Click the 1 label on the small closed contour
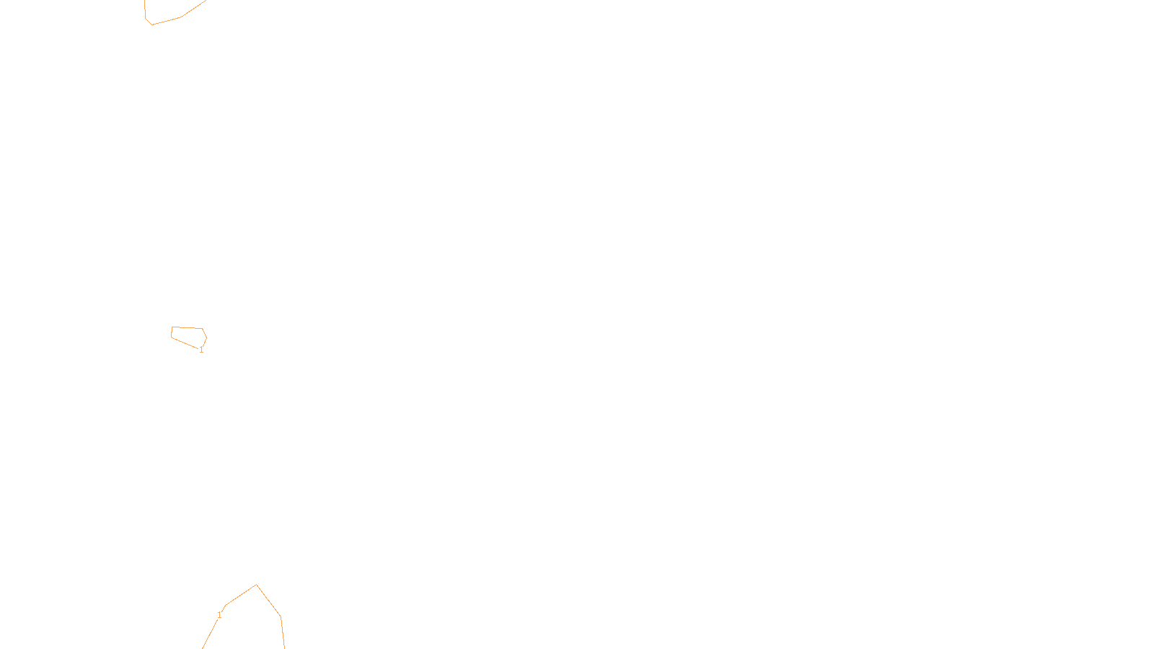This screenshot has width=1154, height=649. click(x=201, y=350)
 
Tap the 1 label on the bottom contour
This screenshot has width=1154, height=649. click(x=219, y=615)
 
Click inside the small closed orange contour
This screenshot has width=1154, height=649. click(x=188, y=335)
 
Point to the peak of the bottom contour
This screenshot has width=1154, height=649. click(x=256, y=585)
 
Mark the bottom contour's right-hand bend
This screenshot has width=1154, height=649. click(x=281, y=617)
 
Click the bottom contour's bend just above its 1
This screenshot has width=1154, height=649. click(x=226, y=605)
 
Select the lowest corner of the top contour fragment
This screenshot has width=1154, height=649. click(x=151, y=25)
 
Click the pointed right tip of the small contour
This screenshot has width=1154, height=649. click(x=207, y=337)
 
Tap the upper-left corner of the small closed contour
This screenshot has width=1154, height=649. click(x=172, y=327)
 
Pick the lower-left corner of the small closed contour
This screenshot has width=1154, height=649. click(x=171, y=337)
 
